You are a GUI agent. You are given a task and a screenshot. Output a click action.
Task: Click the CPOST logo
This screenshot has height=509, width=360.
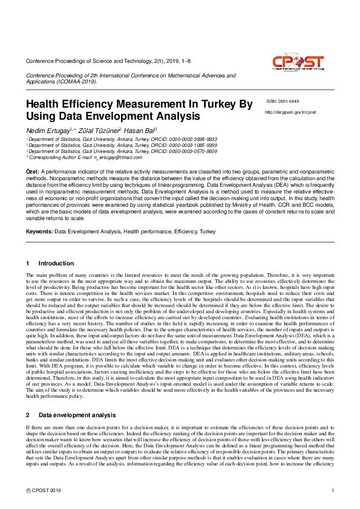tap(298, 65)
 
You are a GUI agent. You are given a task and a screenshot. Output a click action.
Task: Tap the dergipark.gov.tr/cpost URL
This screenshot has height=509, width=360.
tap(290, 112)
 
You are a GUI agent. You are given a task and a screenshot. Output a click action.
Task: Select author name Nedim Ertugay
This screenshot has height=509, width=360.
tap(48, 131)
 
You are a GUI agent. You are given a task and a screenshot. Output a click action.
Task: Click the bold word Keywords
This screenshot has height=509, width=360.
tap(39, 232)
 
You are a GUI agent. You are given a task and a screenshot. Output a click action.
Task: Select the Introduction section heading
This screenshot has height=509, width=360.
tap(56, 264)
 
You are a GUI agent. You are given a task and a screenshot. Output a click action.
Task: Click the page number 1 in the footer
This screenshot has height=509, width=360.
tap(333, 490)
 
